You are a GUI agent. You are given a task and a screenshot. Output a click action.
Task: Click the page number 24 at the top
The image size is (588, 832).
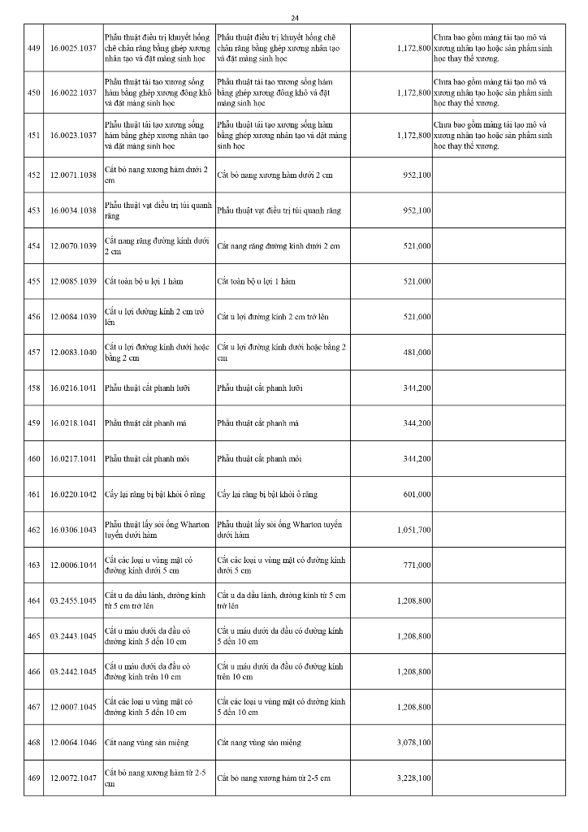point(294,18)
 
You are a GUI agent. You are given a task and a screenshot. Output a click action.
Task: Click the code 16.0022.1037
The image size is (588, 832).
point(72,93)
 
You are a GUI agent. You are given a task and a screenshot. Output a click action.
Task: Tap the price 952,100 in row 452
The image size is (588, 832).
point(417,175)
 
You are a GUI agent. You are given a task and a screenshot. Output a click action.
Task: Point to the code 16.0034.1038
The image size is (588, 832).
point(72,210)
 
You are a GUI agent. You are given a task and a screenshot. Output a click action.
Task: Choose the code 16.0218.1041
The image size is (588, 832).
point(72,423)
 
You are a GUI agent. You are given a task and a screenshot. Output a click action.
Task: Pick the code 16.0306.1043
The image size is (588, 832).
point(72,530)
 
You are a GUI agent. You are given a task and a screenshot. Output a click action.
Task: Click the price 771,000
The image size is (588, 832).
point(417,565)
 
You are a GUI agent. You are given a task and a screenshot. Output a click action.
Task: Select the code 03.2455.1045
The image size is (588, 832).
point(72,600)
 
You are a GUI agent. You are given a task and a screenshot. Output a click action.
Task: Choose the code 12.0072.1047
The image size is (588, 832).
point(72,778)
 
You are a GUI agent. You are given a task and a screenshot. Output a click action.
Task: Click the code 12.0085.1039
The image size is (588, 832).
point(72,281)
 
